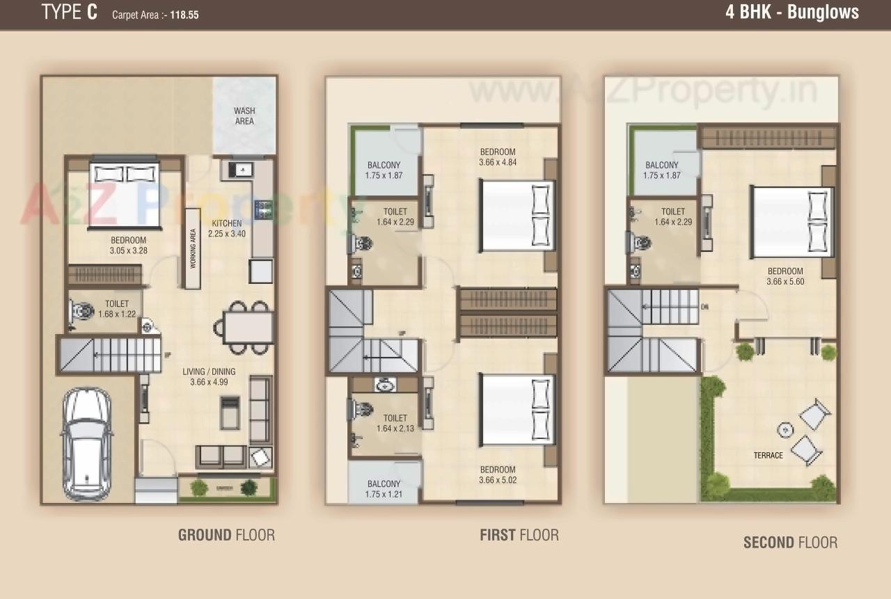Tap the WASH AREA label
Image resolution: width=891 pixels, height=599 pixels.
244,115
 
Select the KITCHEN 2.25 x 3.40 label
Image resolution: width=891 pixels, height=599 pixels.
227,229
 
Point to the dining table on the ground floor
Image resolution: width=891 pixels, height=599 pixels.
248,327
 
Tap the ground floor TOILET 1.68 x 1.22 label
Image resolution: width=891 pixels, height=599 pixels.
117,309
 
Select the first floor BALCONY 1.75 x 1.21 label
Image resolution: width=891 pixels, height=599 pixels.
384,489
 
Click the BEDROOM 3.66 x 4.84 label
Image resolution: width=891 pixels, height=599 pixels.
498,157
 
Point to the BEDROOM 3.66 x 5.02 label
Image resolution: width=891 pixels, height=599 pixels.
498,474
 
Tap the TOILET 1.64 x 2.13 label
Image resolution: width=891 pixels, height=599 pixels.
395,423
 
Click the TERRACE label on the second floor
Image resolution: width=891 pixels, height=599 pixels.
768,456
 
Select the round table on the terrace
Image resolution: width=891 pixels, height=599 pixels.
785,430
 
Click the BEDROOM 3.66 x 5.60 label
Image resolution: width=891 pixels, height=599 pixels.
785,276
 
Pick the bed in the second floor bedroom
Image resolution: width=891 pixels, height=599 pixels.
791,221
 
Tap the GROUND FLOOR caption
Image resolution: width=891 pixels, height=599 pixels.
226,535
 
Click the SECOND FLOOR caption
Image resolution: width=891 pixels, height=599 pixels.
790,543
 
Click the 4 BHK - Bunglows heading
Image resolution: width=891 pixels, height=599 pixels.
791,13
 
